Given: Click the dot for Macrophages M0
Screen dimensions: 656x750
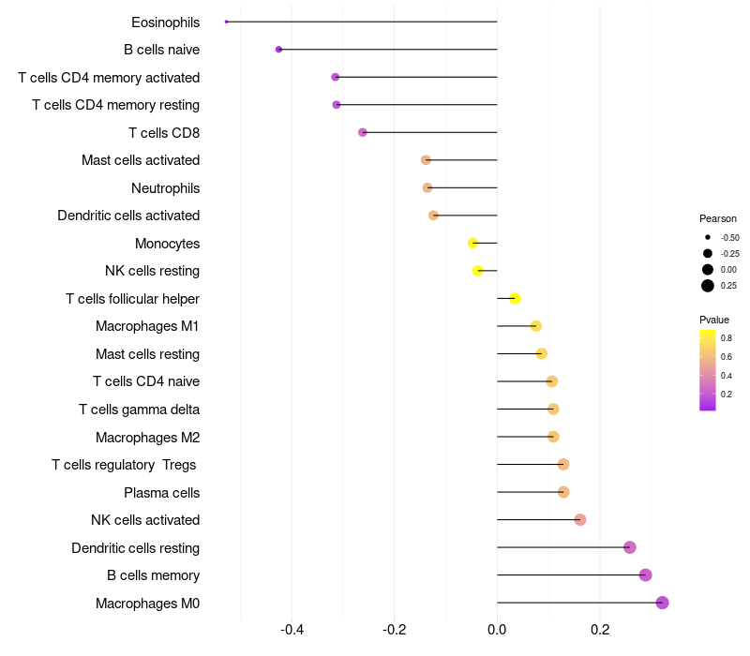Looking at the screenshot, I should click(662, 603).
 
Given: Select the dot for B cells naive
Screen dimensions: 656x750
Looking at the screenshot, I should click(278, 49).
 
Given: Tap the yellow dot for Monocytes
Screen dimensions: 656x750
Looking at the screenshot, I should click(473, 243).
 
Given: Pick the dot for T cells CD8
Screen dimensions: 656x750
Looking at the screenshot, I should click(363, 132).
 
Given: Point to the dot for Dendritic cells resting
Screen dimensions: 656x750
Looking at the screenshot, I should click(629, 547).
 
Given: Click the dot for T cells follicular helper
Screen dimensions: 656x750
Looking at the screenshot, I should click(515, 298).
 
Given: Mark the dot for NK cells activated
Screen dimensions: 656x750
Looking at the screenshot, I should click(579, 519).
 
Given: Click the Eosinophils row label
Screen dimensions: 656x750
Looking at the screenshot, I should click(165, 22).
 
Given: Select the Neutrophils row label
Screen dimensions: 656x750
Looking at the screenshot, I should click(165, 188).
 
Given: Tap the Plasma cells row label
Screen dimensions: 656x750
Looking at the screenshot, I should click(161, 492).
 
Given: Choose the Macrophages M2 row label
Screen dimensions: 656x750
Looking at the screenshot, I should click(147, 437).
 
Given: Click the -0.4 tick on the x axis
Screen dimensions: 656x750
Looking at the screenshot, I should click(292, 630).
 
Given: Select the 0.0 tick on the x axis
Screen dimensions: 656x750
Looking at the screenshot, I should click(497, 630).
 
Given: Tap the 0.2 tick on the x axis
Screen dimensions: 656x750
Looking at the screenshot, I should click(600, 630).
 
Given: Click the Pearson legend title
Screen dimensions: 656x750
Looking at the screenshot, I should click(717, 218).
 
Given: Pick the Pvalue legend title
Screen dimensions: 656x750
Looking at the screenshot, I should click(714, 320).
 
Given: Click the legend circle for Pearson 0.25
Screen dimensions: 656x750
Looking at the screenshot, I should click(707, 286).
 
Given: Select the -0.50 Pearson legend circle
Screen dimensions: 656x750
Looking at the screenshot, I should click(707, 237).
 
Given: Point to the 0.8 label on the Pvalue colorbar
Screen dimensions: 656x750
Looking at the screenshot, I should click(727, 337).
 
